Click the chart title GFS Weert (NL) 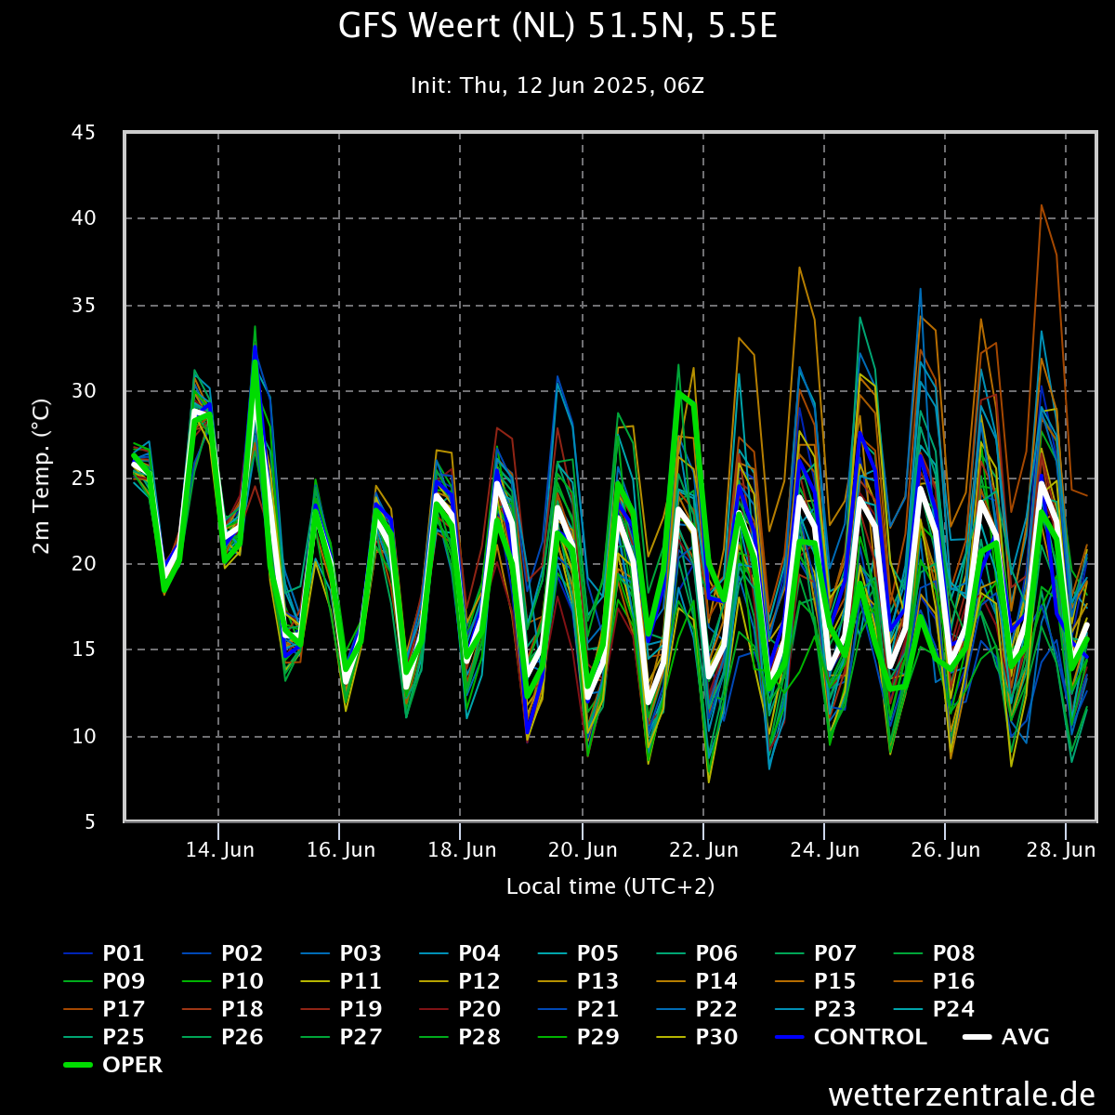click(557, 27)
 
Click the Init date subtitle click(557, 86)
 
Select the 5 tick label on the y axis click(89, 822)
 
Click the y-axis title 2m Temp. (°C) click(41, 477)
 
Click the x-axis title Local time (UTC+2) click(610, 886)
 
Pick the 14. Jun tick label click(219, 850)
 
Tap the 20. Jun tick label click(583, 850)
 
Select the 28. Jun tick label click(1066, 850)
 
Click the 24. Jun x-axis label click(824, 850)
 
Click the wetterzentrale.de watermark click(961, 1094)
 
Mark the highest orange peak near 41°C click(1042, 205)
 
